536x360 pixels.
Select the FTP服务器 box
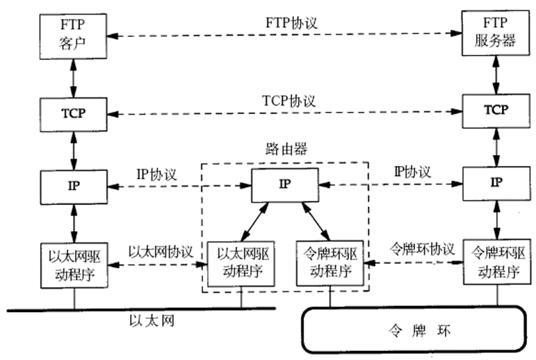496,33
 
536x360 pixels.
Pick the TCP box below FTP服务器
496,110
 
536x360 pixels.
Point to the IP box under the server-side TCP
496,183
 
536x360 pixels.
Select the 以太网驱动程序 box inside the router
241,261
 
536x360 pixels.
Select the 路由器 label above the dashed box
285,149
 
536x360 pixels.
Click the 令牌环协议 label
421,248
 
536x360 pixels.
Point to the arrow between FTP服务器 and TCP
496,73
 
